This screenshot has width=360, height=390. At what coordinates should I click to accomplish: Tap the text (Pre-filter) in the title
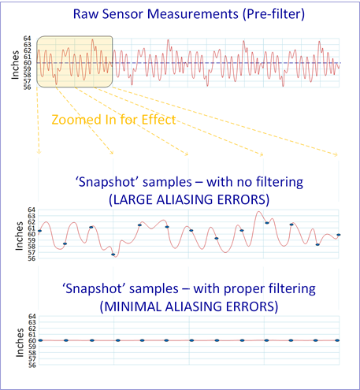coord(273,14)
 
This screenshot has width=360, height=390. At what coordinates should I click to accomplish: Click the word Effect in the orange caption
coord(158,120)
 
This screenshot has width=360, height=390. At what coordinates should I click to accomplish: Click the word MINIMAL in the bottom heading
coord(132,306)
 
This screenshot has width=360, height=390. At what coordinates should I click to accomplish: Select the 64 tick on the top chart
coord(28,39)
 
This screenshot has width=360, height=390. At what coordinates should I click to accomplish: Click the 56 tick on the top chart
coord(28,87)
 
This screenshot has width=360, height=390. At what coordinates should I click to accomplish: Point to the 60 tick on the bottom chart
coord(32,340)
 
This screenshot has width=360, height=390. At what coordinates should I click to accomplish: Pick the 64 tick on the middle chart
coord(32,210)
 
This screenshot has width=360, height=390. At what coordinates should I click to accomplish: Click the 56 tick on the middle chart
coord(32,258)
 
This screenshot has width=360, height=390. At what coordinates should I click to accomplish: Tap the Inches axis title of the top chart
coord(15,65)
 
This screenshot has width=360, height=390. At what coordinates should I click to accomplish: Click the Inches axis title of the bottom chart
coord(20,343)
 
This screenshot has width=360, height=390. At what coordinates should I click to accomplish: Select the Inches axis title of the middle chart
coord(19,236)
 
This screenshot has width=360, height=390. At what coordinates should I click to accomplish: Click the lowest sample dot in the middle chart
coord(113,254)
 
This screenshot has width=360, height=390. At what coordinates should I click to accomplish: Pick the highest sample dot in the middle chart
coord(267,223)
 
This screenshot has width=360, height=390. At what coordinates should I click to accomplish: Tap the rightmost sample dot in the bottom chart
coord(337,340)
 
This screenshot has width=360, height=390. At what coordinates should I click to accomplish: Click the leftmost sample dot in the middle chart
coord(39,231)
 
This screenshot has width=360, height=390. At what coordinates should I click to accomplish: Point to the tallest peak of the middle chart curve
coord(259,211)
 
